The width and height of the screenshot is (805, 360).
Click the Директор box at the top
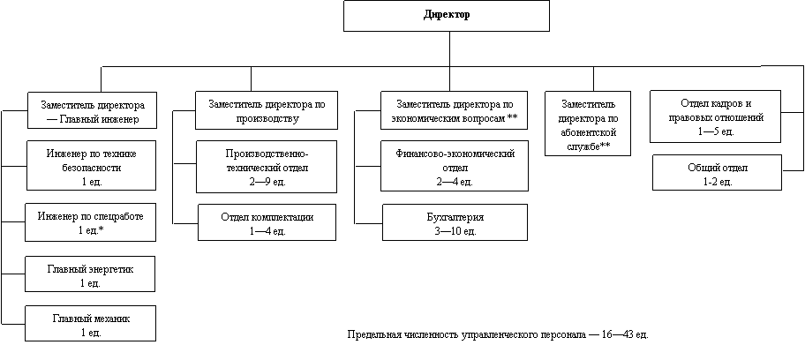446,16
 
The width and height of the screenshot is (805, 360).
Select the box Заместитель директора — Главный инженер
92,111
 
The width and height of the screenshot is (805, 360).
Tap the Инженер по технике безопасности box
92,165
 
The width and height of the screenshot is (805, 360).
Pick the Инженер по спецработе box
92,222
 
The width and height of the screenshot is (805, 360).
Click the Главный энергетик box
92,274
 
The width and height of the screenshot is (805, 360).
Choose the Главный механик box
92,324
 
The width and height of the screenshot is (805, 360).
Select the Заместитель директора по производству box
267,111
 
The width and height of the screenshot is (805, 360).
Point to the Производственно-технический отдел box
267,165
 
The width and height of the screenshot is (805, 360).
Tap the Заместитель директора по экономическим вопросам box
455,111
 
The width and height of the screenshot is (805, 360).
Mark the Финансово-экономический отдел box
455,165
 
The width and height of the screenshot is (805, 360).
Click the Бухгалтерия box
455,222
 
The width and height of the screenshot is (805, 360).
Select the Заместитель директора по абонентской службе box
588,124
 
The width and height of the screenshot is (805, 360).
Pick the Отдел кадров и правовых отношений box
716,116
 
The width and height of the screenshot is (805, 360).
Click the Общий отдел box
717,173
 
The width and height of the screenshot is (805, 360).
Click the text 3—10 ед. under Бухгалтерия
455,230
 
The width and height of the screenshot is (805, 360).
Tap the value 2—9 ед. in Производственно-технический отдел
267,181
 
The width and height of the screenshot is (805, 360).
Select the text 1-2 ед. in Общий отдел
717,181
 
